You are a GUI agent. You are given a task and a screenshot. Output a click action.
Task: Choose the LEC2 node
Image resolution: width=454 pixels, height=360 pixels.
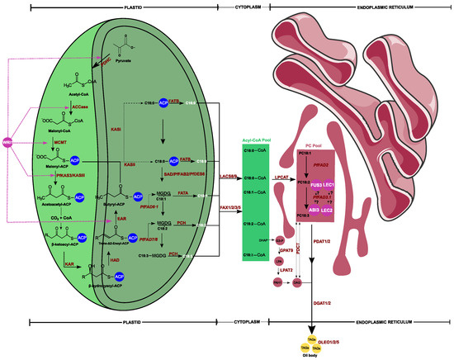point(327,211)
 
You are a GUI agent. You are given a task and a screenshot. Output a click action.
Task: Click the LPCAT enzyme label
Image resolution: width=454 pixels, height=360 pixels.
point(281,177)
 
